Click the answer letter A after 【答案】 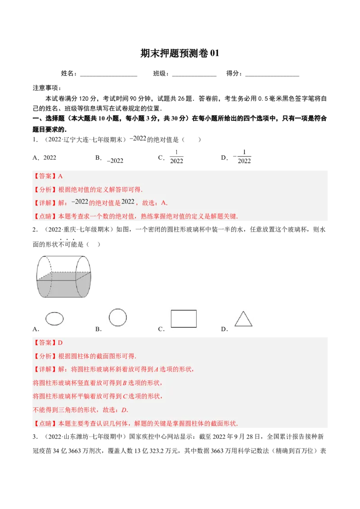[x=60, y=176]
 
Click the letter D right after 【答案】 [x=60, y=343]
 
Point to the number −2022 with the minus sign [x=80, y=202]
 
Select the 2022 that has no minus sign [x=128, y=202]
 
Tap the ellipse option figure [x=54, y=318]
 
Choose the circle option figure [x=117, y=317]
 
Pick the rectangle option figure [x=184, y=318]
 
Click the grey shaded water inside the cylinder [x=63, y=288]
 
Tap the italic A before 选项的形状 [x=156, y=370]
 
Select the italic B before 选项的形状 [x=125, y=383]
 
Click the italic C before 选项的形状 [x=125, y=397]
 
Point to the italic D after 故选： [x=125, y=410]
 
